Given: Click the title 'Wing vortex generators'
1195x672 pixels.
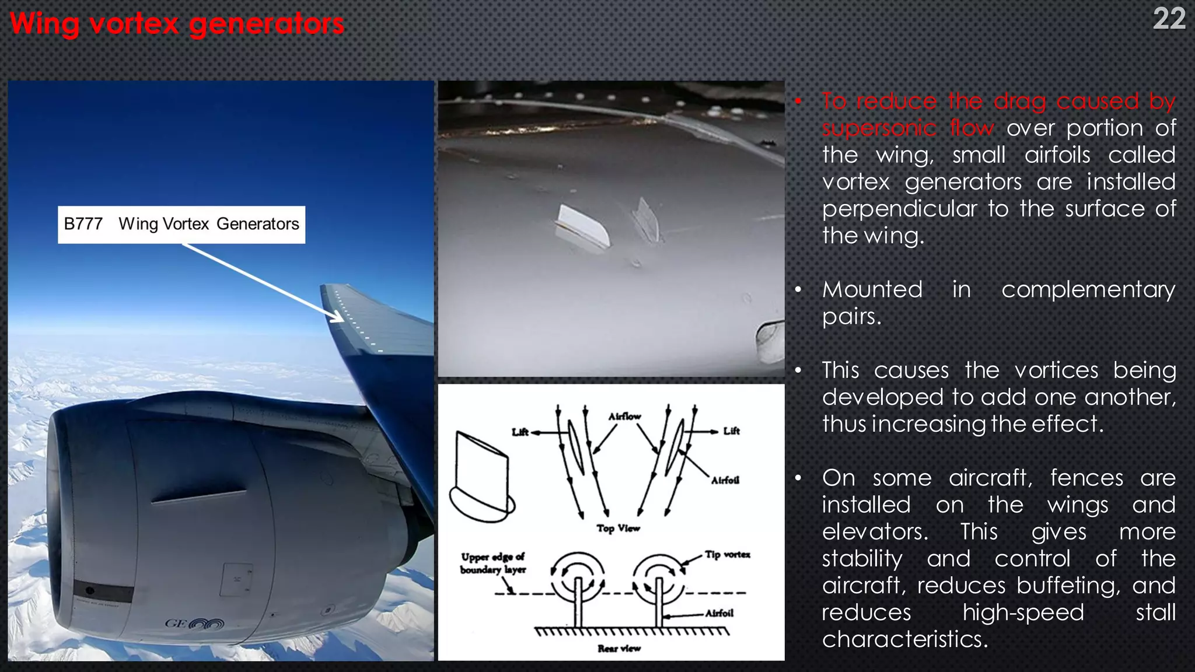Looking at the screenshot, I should point(177,24).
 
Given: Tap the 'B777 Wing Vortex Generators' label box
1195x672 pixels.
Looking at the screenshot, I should point(181,224).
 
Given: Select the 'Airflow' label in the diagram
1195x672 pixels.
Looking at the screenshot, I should point(624,416).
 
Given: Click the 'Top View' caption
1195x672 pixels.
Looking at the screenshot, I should point(618,528).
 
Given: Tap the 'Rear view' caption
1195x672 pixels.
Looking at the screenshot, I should point(619,648).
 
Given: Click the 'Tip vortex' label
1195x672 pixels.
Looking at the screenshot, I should point(727,554).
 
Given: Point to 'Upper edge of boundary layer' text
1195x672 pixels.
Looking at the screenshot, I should point(493,563).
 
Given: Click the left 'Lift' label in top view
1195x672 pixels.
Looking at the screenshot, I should point(520,432).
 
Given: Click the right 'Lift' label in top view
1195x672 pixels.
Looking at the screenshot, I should point(731,430).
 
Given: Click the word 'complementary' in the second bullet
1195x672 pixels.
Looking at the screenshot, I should point(1088,289).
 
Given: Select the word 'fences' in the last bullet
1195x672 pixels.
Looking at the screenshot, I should point(1086,478).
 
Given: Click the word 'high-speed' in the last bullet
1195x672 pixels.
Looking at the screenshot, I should point(1023,612).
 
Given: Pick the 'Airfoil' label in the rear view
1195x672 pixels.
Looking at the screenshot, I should point(719,613).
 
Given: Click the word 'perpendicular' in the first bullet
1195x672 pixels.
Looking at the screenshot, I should point(899,209).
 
